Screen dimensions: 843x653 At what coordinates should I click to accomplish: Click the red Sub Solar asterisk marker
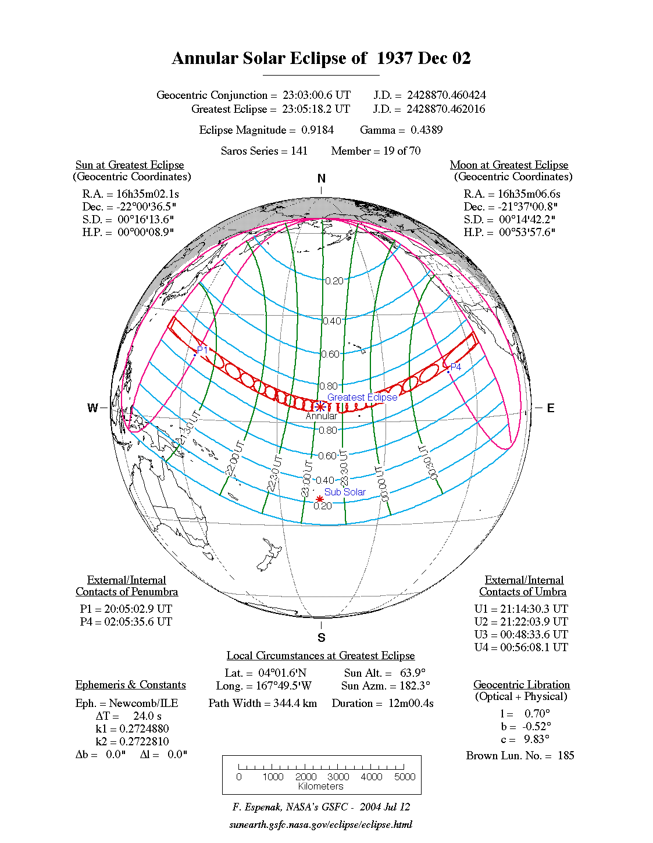click(x=320, y=499)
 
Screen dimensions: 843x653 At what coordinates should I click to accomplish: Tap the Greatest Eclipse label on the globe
click(x=362, y=397)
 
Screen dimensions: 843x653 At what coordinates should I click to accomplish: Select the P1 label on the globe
click(x=202, y=350)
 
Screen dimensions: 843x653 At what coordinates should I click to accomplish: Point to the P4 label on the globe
click(x=456, y=367)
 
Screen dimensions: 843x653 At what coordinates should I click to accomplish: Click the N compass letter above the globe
click(x=321, y=178)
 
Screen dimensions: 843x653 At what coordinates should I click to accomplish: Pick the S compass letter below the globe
click(x=321, y=638)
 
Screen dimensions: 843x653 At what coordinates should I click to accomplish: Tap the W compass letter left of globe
click(x=92, y=408)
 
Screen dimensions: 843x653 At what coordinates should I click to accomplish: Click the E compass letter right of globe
click(x=550, y=408)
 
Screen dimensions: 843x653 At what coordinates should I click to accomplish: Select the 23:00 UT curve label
click(x=306, y=478)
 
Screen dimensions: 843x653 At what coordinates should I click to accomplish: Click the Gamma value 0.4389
click(x=426, y=130)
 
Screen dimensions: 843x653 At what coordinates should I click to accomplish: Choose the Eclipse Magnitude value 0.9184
click(x=317, y=130)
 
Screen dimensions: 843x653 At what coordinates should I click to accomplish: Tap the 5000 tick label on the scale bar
click(x=405, y=777)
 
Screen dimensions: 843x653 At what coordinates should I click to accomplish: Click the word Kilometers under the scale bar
click(x=320, y=787)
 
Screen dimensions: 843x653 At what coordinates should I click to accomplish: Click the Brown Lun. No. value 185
click(x=565, y=755)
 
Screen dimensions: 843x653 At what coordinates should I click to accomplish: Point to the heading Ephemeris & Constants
click(x=130, y=684)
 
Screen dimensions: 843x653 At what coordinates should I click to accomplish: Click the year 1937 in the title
click(x=394, y=58)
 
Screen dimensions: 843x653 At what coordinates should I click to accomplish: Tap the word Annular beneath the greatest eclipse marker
click(x=321, y=416)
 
